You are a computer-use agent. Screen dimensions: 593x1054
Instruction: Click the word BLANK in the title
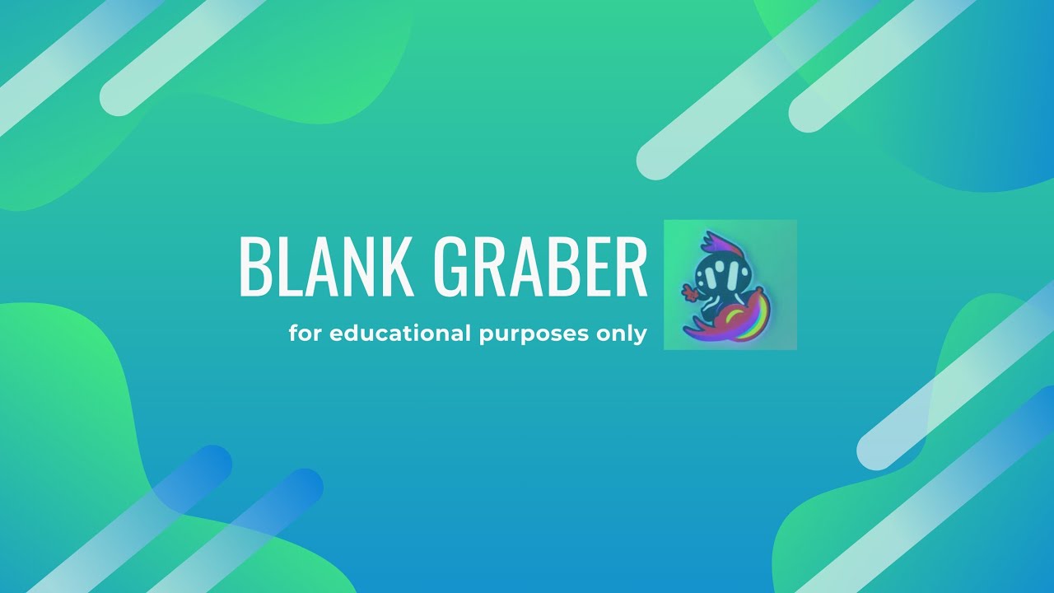(326, 267)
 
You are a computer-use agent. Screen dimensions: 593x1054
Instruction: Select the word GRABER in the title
(539, 267)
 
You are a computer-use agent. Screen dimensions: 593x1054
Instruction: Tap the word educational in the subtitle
(401, 334)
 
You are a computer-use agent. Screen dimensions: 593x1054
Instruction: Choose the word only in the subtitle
(622, 335)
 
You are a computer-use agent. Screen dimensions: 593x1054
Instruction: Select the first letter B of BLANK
(254, 267)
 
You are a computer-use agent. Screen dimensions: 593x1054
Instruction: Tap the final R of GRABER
(631, 267)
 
